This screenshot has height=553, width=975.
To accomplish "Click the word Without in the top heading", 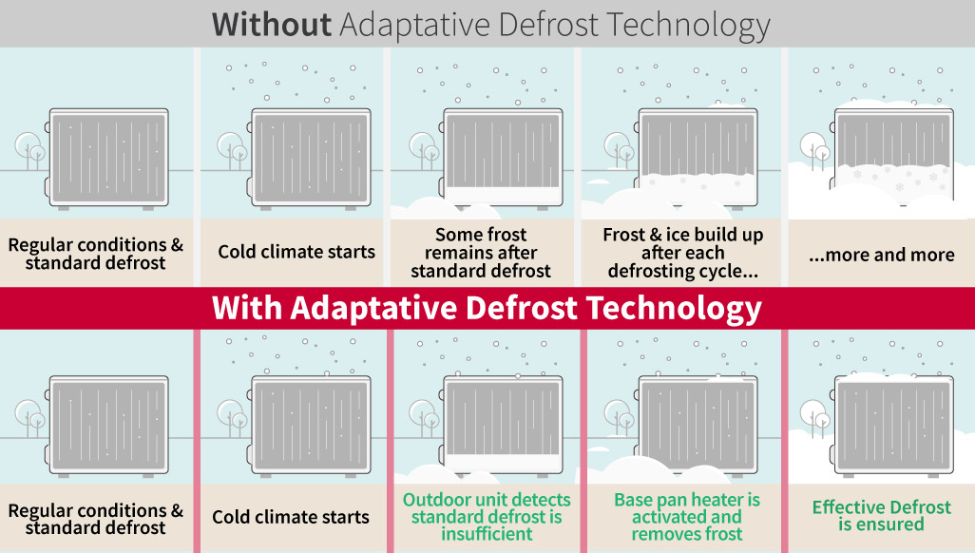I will pyautogui.click(x=271, y=24).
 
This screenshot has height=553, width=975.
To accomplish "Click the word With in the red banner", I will pyautogui.click(x=248, y=308).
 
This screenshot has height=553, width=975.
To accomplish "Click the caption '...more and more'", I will pyautogui.click(x=881, y=255).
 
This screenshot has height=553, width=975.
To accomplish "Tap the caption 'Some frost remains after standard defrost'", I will pyautogui.click(x=481, y=253).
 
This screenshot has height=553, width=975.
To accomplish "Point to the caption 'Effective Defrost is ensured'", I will pyautogui.click(x=881, y=516).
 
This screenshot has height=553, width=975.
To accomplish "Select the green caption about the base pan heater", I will pyautogui.click(x=686, y=517).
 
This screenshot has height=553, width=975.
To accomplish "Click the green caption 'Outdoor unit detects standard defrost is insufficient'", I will pyautogui.click(x=487, y=516).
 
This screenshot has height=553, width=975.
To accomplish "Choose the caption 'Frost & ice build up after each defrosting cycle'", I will pyautogui.click(x=682, y=253).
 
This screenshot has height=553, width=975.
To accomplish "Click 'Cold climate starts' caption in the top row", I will pyautogui.click(x=296, y=252).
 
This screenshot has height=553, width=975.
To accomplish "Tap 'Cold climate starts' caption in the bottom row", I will pyautogui.click(x=291, y=517).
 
